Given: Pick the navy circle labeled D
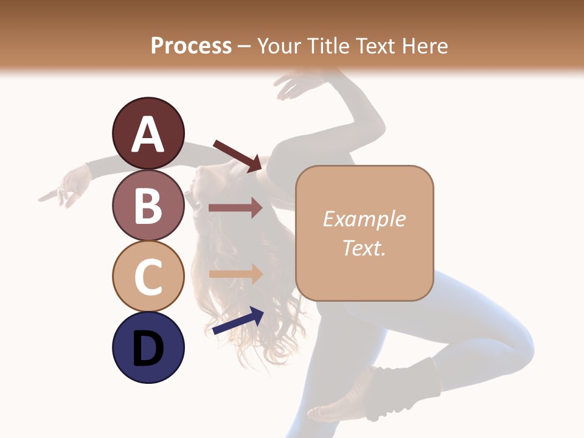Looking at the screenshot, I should [x=148, y=347].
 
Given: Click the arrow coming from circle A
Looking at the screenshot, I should [x=237, y=155].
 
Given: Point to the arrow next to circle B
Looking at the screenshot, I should [x=235, y=208].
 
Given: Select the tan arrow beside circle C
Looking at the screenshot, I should [x=235, y=274].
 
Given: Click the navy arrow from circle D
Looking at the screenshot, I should [x=238, y=321].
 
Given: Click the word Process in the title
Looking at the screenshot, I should [x=191, y=46].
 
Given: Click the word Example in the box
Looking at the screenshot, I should [x=364, y=219].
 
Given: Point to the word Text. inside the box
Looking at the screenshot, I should [x=364, y=248].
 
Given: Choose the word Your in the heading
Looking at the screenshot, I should [x=278, y=46].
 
